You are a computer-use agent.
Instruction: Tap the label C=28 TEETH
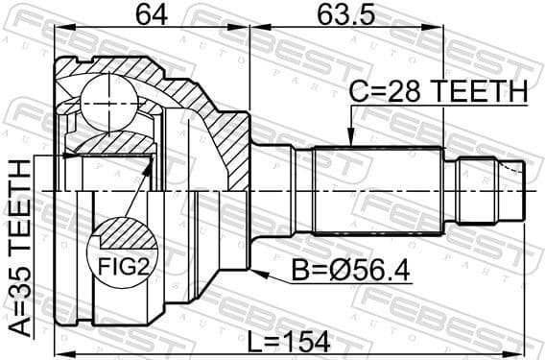tap(438, 92)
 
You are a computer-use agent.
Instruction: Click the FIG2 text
tap(122, 264)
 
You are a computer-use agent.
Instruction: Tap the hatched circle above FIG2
tap(122, 233)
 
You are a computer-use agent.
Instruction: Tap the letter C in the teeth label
tap(357, 92)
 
